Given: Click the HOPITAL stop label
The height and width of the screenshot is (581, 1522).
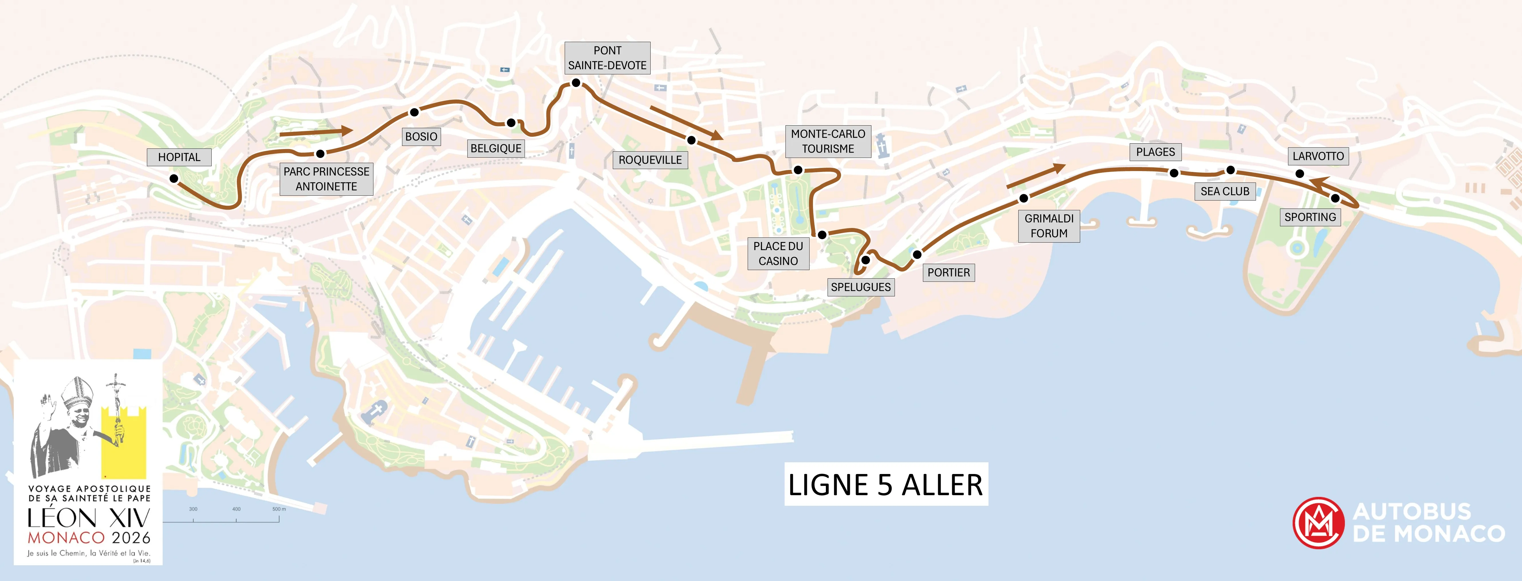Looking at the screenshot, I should click(x=179, y=157).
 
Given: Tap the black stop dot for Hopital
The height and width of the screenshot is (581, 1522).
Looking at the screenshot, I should click(x=174, y=178).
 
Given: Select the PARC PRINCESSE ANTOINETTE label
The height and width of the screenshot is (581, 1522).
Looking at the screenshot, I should click(x=326, y=179).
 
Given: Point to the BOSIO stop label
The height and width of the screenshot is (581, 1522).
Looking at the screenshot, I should click(x=421, y=136).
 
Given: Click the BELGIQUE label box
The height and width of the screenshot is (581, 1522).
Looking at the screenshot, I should click(x=496, y=148).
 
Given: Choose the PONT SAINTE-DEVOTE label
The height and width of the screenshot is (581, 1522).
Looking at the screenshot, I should click(x=607, y=58).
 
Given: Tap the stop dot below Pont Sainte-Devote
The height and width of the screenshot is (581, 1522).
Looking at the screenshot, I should click(x=576, y=83).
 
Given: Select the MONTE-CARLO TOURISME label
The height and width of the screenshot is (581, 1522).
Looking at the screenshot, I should click(x=828, y=141).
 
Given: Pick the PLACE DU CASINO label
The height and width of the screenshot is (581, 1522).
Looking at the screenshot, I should click(x=778, y=253).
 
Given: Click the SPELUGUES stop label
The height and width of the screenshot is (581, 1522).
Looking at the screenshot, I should click(x=860, y=287).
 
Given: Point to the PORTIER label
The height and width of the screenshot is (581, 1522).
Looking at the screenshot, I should click(x=948, y=272).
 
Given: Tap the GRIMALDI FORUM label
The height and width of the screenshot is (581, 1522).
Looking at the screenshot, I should click(x=1049, y=225).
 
